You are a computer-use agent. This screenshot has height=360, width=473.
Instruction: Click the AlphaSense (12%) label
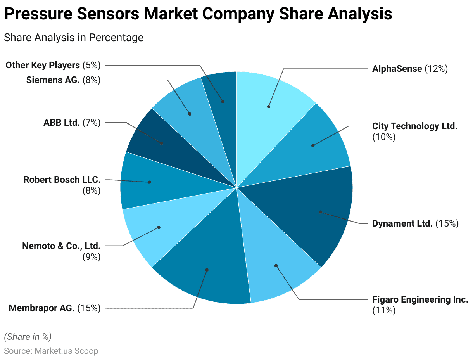[x=410, y=69]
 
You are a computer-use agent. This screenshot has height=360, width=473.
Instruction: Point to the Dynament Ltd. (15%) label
[x=415, y=223]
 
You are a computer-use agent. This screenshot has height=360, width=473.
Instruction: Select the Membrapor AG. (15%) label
[x=55, y=308]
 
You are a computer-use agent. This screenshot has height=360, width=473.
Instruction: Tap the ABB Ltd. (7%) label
[x=72, y=123]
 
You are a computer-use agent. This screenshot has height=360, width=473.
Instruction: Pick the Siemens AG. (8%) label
[x=63, y=80]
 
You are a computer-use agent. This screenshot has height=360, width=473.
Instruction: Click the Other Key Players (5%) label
[x=53, y=65]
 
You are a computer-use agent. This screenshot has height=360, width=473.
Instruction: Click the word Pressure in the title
[x=38, y=14]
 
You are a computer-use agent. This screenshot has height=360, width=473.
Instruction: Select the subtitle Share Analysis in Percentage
[x=74, y=38]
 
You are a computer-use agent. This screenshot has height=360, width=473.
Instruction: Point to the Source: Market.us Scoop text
[x=51, y=351]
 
